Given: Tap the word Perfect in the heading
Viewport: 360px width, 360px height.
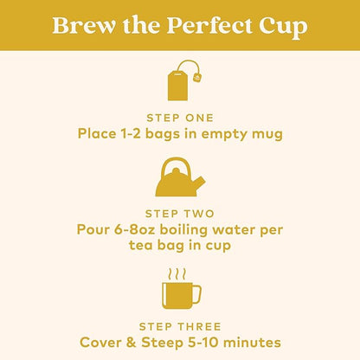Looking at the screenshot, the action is click(209, 26).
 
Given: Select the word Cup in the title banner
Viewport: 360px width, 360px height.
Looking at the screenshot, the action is click(283, 28).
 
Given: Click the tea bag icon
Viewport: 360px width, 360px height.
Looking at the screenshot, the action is click(184, 80).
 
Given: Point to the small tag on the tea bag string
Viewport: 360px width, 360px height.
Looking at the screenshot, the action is click(197, 77).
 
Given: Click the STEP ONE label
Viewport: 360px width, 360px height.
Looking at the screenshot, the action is click(180, 118).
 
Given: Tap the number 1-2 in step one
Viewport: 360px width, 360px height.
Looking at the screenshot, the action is click(130, 134).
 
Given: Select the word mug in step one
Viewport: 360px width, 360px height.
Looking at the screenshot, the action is click(267, 135).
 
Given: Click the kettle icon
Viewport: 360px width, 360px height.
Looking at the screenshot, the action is click(180, 177).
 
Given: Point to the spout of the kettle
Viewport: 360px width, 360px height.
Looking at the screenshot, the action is click(199, 183).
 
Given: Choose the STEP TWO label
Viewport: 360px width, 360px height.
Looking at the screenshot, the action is click(180, 214).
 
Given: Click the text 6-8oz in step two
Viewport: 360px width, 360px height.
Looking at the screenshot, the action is click(135, 230).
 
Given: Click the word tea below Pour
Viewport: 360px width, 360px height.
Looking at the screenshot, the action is click(140, 246).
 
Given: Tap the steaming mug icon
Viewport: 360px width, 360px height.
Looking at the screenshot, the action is click(181, 289).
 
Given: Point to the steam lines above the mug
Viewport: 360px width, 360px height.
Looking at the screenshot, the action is click(177, 274).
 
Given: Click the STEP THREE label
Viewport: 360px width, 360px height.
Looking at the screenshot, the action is click(180, 327).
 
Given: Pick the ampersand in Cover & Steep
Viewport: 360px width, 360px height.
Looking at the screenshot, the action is click(131, 343).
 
